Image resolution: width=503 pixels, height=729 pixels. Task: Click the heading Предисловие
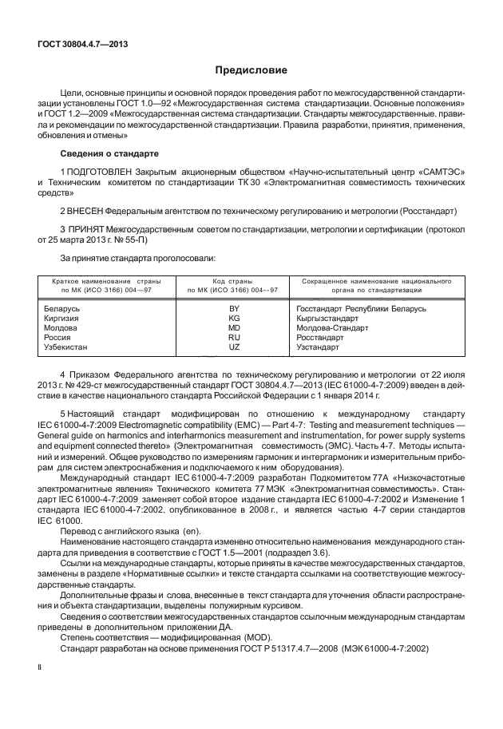251,70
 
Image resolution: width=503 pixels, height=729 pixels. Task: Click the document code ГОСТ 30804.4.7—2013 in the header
83,45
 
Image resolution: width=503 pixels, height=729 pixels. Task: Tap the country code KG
234,318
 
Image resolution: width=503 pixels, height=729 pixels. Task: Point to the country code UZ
234,347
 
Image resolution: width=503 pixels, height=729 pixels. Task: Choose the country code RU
234,338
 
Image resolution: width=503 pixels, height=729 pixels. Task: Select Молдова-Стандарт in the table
332,327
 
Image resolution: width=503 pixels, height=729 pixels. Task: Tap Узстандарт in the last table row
318,347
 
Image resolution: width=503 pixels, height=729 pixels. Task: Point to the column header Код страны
233,282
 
